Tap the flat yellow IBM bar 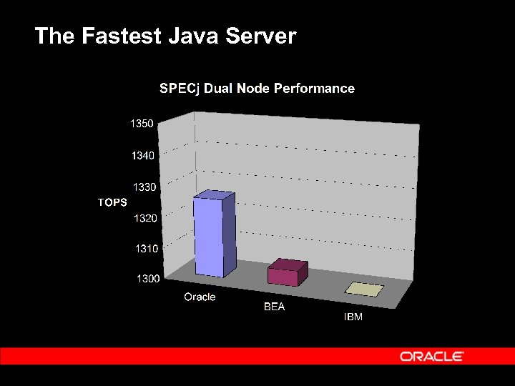364,289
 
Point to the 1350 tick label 142,124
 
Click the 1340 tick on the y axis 142,155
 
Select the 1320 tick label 145,218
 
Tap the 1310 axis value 147,248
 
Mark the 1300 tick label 148,278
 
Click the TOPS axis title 112,202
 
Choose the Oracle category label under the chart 200,297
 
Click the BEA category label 274,307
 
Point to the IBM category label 353,317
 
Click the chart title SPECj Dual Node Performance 257,89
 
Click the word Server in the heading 260,36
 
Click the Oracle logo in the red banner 432,356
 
